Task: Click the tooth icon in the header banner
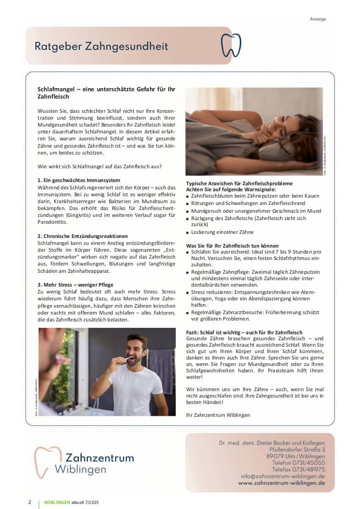pos(231,45)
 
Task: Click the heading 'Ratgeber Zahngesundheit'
pos(101,46)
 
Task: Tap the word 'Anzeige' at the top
pos(318,19)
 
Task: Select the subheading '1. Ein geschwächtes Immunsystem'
pos(78,180)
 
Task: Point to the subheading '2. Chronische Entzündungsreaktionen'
pos(83,236)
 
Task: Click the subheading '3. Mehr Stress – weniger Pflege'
pos(75,285)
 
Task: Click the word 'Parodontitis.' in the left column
pos(52,222)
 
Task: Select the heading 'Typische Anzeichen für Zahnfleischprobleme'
pos(239,183)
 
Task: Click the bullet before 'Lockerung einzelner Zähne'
pos(188,232)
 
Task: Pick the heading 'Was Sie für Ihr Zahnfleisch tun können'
pos(232,246)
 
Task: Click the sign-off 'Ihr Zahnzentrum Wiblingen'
pos(218,415)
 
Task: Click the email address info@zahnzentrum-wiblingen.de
pos(283,476)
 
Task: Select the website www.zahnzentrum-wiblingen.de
pos(282,483)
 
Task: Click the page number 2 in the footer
pos(30,502)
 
